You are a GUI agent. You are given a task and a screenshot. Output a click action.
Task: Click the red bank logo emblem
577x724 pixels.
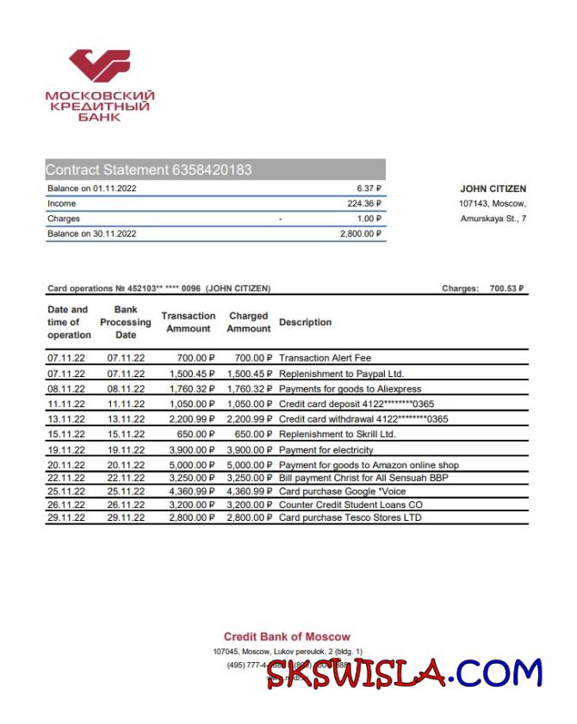100,66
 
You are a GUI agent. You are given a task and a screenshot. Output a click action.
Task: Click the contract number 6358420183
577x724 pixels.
212,170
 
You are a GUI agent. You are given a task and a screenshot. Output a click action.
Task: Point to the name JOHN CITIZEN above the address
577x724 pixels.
493,189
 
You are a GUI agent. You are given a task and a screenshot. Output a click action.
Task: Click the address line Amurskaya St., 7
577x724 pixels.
493,219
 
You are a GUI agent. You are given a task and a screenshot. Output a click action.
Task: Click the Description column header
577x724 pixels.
305,322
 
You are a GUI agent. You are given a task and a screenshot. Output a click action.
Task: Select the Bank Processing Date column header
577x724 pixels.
126,322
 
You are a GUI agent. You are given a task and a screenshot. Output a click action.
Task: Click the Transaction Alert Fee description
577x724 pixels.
326,357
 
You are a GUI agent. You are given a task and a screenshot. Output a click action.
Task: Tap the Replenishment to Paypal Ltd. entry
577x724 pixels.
341,374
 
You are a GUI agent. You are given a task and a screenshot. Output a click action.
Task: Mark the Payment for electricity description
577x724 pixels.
326,449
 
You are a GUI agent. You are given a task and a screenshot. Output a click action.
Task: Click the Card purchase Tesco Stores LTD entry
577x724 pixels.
351,517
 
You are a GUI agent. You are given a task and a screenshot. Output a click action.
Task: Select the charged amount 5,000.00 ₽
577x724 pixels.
249,465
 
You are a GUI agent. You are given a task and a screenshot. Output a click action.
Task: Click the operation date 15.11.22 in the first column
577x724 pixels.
66,434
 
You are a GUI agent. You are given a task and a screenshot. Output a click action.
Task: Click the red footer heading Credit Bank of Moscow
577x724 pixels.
287,636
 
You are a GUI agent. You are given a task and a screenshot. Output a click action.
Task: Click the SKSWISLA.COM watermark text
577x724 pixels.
405,671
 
